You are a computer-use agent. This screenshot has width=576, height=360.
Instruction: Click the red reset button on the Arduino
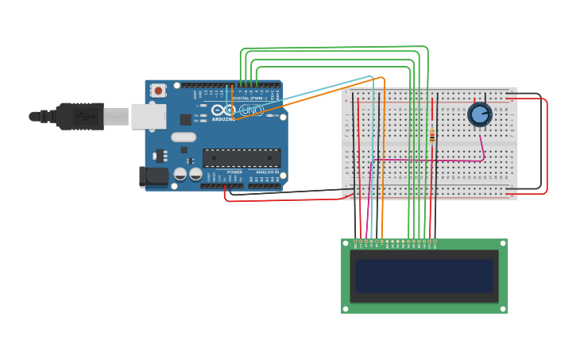158,91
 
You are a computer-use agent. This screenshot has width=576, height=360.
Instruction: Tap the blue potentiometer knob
479,114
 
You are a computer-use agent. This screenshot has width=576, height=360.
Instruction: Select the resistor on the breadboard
432,136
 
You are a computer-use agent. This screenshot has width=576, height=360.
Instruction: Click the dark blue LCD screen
424,276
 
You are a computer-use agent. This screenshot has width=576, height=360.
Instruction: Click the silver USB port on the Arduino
148,116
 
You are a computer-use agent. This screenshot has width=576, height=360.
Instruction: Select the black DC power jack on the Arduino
153,176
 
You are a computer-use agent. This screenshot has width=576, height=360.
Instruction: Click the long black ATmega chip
242,158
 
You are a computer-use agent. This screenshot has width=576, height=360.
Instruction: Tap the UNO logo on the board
251,110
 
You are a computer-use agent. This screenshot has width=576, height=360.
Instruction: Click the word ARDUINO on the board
223,119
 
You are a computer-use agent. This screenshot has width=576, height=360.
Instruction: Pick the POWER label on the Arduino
234,172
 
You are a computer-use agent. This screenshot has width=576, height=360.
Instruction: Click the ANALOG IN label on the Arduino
267,172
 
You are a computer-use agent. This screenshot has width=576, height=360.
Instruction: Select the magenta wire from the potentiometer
429,160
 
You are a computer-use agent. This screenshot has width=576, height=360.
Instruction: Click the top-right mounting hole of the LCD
502,243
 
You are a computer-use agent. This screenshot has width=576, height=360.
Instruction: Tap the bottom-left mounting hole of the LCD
346,308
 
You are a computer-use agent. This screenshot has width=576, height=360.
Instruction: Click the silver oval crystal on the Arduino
183,136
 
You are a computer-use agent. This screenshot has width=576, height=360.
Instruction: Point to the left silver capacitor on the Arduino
181,173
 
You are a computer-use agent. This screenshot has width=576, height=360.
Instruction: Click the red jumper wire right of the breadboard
546,143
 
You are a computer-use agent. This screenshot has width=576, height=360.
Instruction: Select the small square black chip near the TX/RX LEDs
185,119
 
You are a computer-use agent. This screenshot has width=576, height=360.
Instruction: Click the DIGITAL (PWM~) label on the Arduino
249,99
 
